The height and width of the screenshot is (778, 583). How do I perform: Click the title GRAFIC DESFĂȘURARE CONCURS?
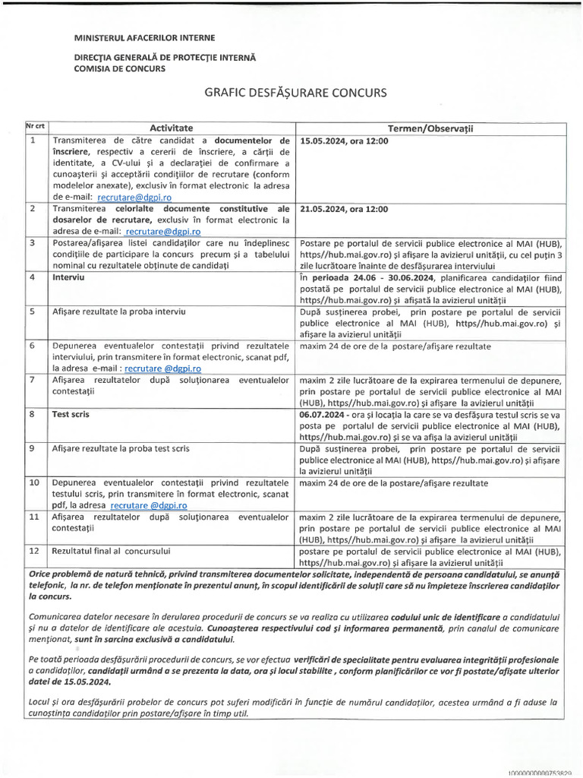coord(295,93)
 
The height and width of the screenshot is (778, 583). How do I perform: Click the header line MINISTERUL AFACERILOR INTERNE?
coord(144,37)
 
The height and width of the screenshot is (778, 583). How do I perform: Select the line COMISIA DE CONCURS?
coord(119,68)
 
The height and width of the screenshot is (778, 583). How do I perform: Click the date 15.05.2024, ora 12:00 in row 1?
coord(345,141)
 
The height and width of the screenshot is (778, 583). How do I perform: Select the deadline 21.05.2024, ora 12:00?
coord(345,209)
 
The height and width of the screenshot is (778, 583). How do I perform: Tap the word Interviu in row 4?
coord(68,278)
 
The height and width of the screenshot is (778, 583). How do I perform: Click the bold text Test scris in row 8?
coord(71,415)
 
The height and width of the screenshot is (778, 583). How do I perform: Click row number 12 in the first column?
coord(34,551)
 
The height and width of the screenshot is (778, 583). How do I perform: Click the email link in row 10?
coord(149,504)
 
